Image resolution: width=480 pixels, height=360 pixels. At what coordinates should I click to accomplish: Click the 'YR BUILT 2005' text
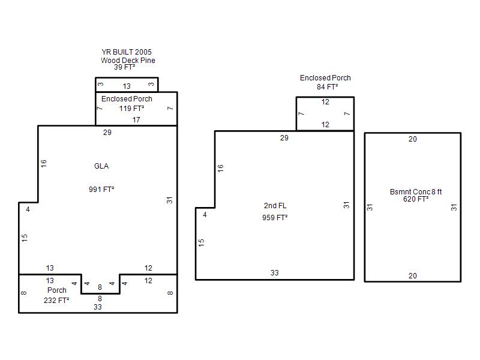127,52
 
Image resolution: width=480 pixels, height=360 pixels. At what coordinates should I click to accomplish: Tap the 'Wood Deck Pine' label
128,61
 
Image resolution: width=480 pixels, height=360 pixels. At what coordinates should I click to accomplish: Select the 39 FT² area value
124,67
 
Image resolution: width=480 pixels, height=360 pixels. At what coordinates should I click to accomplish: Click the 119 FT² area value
131,109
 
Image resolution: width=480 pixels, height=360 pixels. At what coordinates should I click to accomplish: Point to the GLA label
101,166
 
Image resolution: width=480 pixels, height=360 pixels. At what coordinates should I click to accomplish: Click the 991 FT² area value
101,190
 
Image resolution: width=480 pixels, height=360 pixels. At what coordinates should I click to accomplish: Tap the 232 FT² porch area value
56,301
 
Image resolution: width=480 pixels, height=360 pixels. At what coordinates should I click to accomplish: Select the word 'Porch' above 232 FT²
56,290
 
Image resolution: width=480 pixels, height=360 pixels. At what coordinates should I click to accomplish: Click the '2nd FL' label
275,206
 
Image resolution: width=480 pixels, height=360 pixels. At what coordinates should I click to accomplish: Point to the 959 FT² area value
275,218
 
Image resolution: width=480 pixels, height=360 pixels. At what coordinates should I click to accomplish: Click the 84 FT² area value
327,87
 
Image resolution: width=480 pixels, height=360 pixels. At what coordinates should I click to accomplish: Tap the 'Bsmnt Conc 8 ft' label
416,192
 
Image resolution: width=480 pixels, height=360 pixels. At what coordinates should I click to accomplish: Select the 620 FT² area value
416,199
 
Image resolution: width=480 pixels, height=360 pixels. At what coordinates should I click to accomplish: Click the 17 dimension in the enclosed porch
136,119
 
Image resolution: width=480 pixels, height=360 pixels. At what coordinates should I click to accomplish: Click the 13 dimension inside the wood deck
127,86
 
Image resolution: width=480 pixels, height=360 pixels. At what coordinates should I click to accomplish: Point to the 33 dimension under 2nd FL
275,273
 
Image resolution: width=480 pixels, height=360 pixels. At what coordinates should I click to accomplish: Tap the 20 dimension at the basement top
413,139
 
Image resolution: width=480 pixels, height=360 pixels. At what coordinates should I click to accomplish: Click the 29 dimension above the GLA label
107,132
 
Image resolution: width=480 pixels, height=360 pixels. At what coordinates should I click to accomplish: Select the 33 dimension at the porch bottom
98,307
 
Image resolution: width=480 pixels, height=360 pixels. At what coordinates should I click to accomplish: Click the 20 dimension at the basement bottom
413,276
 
